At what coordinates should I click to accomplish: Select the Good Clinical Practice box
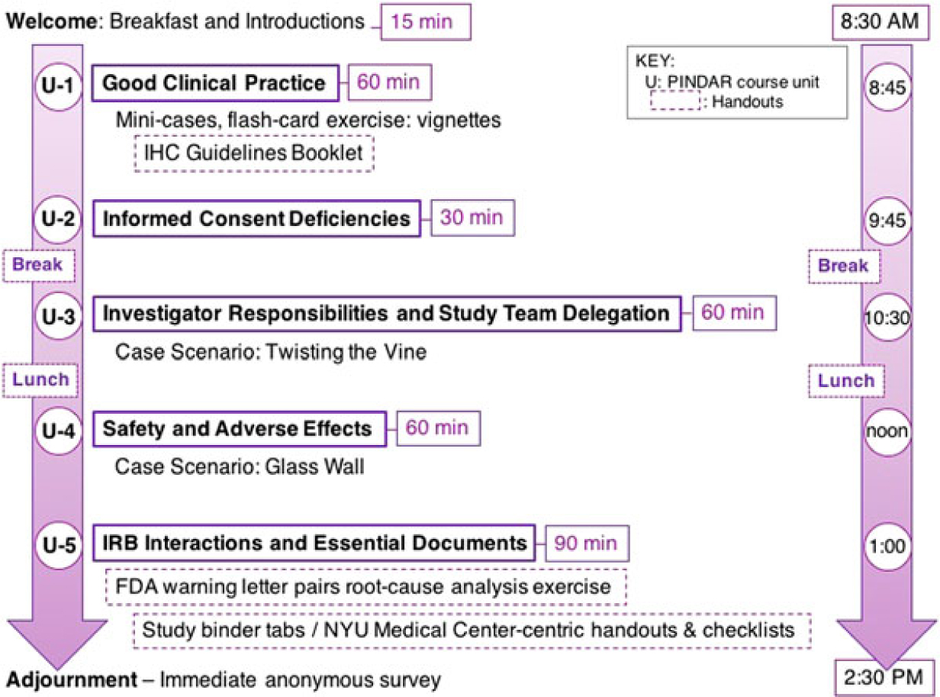(214, 82)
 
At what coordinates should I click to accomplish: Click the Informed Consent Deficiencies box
(256, 219)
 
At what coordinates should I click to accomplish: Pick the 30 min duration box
(471, 218)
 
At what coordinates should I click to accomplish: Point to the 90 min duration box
(586, 544)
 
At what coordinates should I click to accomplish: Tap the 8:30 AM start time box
(875, 22)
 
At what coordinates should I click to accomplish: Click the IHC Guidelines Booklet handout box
(253, 152)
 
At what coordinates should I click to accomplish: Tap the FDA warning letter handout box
(365, 587)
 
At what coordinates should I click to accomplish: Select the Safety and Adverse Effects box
(237, 429)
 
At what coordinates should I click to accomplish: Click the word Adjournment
(50, 678)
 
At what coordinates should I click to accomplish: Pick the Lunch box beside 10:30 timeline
(846, 381)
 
